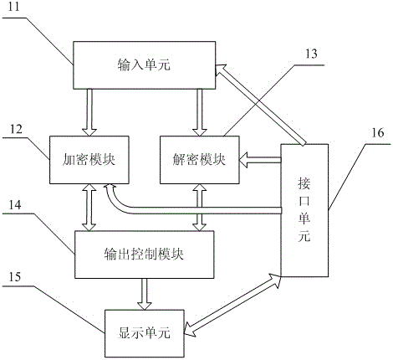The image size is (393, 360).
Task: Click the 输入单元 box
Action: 145,65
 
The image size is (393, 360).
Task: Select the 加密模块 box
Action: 89,160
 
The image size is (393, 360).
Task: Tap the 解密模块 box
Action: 200,160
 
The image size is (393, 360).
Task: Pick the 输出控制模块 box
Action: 145,255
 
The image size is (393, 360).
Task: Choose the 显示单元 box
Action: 145,333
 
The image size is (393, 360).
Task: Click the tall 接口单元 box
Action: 304,210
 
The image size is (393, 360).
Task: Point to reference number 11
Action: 14,7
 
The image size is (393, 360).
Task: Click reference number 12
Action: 16,129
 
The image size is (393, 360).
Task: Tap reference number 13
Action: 311,54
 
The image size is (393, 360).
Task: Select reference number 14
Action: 15,205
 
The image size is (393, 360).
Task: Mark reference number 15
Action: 15,277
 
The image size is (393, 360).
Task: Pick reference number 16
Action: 377,132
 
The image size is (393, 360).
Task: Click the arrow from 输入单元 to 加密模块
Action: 89,113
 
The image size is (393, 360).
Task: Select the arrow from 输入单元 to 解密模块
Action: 200,113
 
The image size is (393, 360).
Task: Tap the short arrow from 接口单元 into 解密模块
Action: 260,160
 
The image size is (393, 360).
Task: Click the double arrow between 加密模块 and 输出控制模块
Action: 89,208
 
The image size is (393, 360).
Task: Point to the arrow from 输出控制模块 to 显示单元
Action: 145,294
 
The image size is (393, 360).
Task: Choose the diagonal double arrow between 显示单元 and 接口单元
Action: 232,306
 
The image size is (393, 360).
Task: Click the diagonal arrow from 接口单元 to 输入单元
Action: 259,104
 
